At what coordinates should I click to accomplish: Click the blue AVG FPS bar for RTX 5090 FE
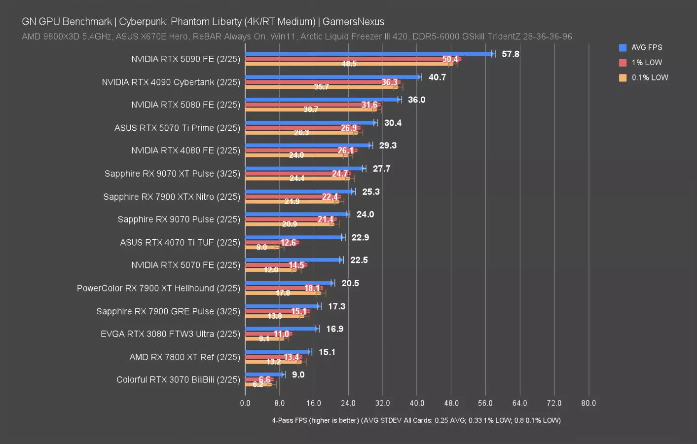(369, 54)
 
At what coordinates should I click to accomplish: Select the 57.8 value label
(510, 54)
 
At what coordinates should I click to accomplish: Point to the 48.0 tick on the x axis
(451, 403)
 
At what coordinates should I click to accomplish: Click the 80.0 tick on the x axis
(588, 403)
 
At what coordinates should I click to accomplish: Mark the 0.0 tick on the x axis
(245, 403)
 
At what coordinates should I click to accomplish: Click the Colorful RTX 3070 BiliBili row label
(178, 380)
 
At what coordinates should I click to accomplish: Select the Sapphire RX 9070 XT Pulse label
(172, 174)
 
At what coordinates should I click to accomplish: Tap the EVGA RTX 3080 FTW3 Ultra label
(170, 334)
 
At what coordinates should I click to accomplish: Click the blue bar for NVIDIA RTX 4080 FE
(307, 146)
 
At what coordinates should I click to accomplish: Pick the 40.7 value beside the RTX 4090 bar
(437, 77)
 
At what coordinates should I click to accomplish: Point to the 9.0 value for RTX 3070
(298, 375)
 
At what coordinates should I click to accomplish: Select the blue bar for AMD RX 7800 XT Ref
(277, 352)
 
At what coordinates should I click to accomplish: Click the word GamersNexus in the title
(353, 22)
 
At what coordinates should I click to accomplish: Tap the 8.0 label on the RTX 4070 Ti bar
(261, 247)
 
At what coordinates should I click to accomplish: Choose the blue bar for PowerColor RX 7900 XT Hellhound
(289, 283)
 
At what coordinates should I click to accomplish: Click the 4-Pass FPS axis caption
(416, 420)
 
